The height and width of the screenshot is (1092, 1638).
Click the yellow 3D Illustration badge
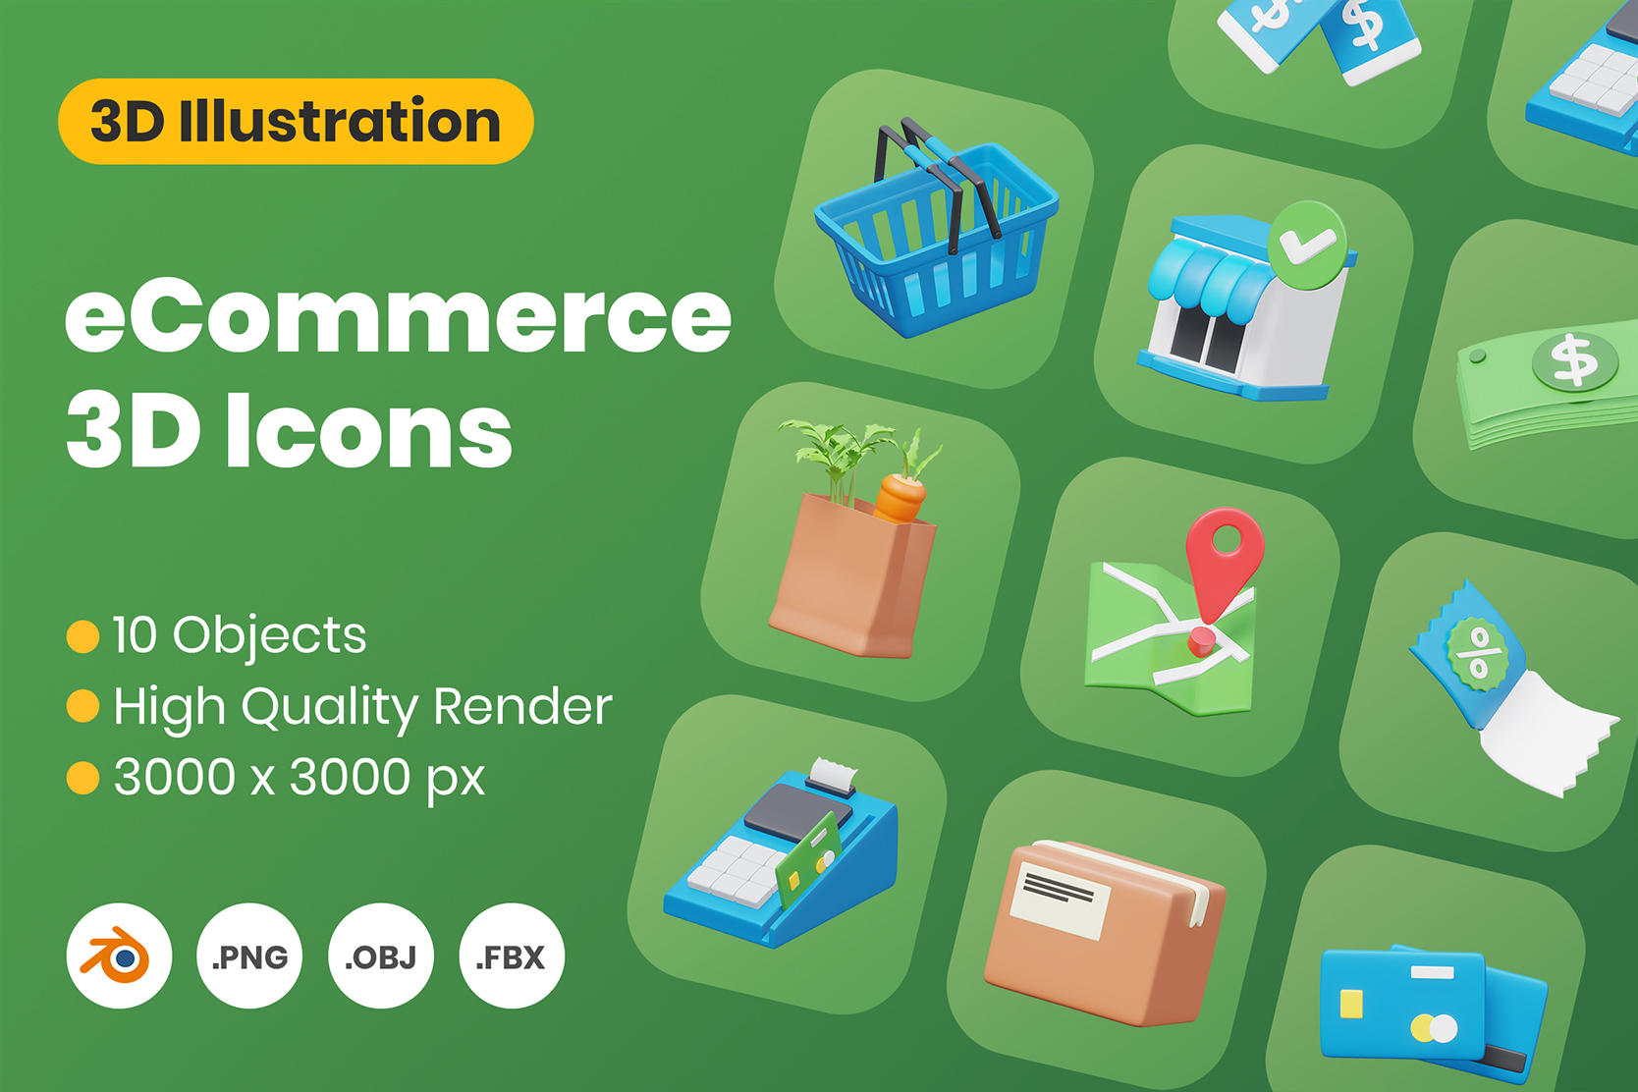point(296,121)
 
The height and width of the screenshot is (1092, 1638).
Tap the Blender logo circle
point(119,955)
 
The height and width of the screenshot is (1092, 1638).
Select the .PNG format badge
point(249,955)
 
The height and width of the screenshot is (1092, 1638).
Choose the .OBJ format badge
point(381,955)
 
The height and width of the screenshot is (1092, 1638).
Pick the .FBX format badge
point(512,955)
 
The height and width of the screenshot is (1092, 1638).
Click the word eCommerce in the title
point(398,316)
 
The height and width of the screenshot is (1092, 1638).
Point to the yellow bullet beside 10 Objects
point(82,635)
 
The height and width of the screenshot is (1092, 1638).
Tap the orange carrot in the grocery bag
point(900,497)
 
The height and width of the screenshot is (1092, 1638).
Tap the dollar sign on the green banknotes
point(1574,360)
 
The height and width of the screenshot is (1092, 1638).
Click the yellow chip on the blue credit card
point(1352,1004)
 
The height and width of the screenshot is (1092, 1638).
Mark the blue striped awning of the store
point(1206,275)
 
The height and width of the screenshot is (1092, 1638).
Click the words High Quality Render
point(362,707)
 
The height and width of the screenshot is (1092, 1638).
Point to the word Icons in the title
point(369,432)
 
